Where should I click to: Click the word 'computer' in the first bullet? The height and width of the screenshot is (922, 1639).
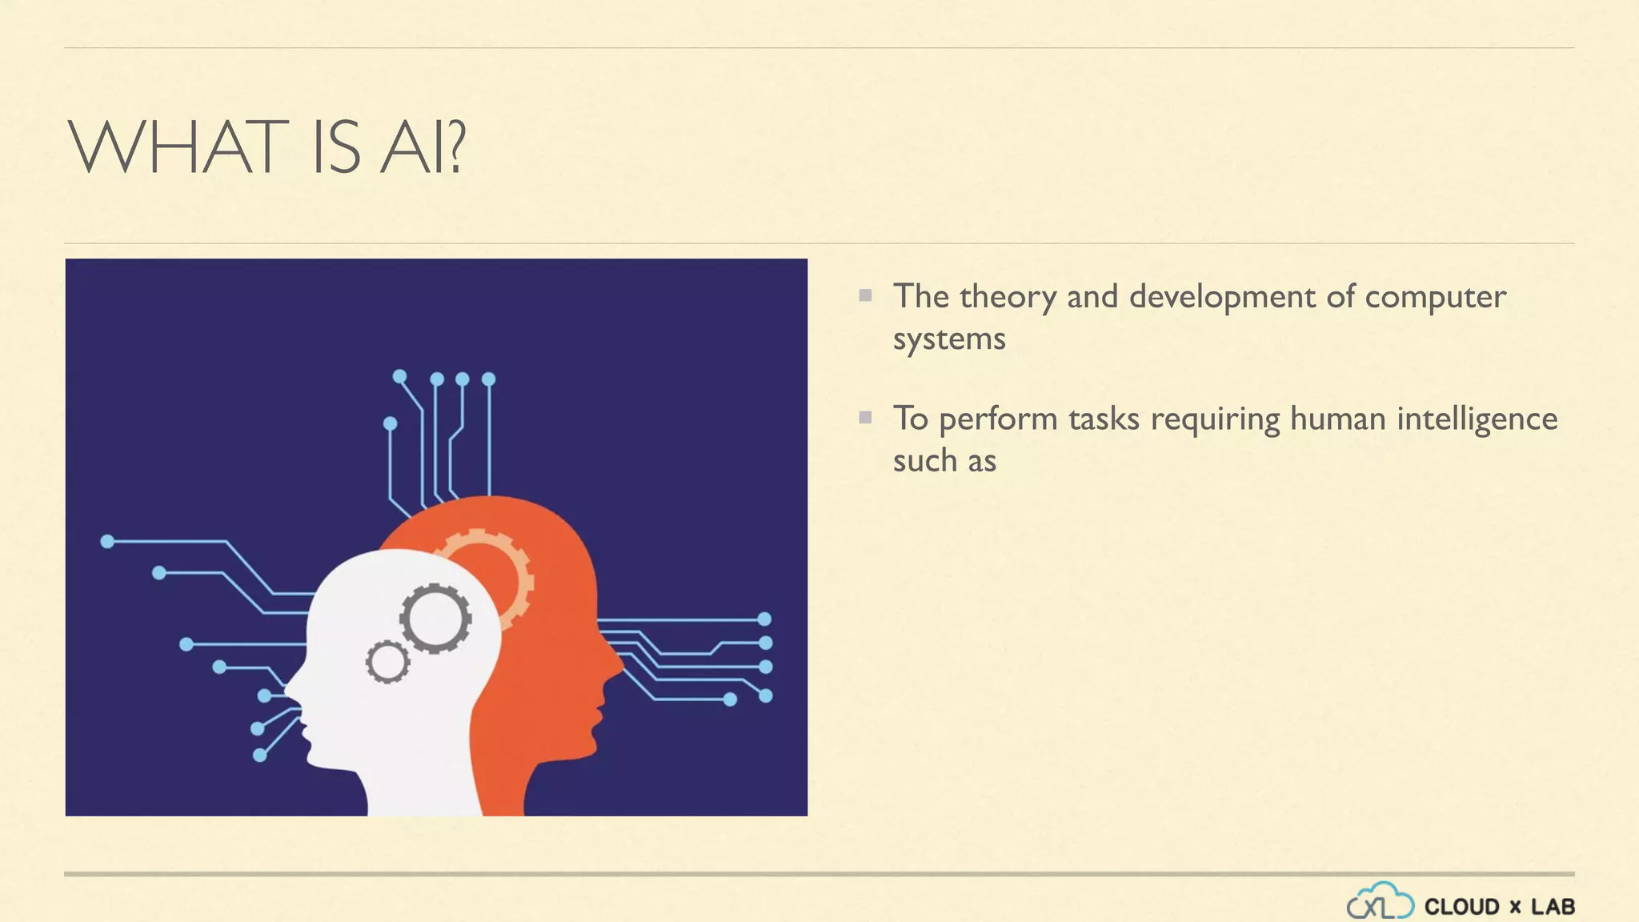(1435, 298)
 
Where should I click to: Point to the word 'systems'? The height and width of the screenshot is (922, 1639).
(949, 339)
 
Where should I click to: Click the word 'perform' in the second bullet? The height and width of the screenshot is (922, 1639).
(998, 420)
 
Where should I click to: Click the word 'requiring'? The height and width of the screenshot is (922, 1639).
(1215, 420)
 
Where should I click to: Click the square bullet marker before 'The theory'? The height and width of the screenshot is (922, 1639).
(865, 295)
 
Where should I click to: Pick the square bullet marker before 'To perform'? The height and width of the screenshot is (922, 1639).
(865, 417)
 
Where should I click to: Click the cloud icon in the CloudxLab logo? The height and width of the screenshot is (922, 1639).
(1380, 902)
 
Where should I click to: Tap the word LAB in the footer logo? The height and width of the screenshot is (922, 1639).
(1553, 907)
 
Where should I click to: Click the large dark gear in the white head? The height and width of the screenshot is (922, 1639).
(435, 618)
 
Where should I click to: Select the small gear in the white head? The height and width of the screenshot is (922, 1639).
(388, 662)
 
